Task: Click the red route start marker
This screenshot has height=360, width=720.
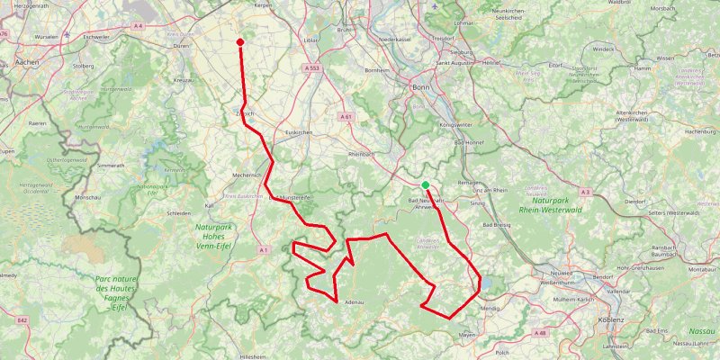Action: pyautogui.click(x=240, y=41)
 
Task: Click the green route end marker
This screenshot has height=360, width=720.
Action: pyautogui.click(x=425, y=185)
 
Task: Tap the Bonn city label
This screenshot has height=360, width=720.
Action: pyautogui.click(x=419, y=86)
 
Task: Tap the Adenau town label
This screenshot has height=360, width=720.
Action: pyautogui.click(x=351, y=302)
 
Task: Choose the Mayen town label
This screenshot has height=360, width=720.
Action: pyautogui.click(x=467, y=334)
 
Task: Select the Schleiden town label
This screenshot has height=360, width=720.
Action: pyautogui.click(x=178, y=213)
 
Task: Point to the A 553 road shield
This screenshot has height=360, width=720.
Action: pyautogui.click(x=312, y=68)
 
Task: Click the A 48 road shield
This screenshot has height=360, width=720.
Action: pyautogui.click(x=540, y=333)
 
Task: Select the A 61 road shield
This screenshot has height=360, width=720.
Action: pyautogui.click(x=346, y=116)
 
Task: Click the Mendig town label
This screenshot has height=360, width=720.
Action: pyautogui.click(x=490, y=308)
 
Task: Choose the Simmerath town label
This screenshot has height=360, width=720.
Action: pyautogui.click(x=111, y=166)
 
